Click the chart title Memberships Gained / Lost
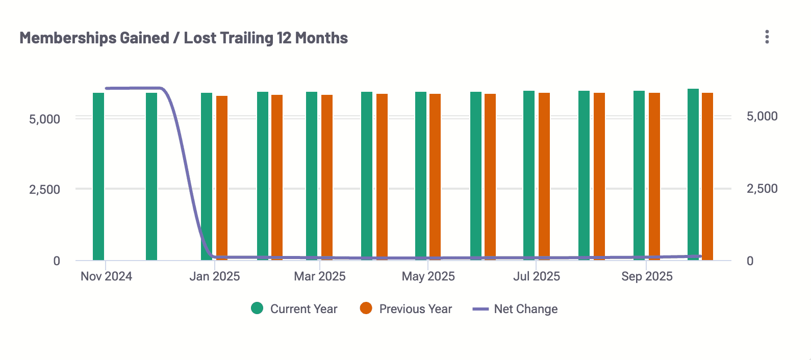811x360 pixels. click(184, 38)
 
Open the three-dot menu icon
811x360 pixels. click(767, 37)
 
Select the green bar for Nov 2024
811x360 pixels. click(98, 176)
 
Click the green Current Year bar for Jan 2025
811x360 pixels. click(207, 176)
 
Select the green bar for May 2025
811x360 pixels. click(421, 176)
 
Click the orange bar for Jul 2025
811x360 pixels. click(544, 176)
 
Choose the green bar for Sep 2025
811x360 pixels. click(639, 175)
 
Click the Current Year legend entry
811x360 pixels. click(294, 308)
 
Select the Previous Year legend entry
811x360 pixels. click(406, 308)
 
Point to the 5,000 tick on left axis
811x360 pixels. click(45, 119)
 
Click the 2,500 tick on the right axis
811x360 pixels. click(762, 189)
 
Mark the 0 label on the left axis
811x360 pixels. click(57, 261)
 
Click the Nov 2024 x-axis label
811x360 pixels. click(106, 276)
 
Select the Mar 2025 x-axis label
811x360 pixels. click(320, 276)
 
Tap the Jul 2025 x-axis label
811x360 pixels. click(537, 276)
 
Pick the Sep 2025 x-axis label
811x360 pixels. click(647, 276)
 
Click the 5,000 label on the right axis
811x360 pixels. click(762, 116)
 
